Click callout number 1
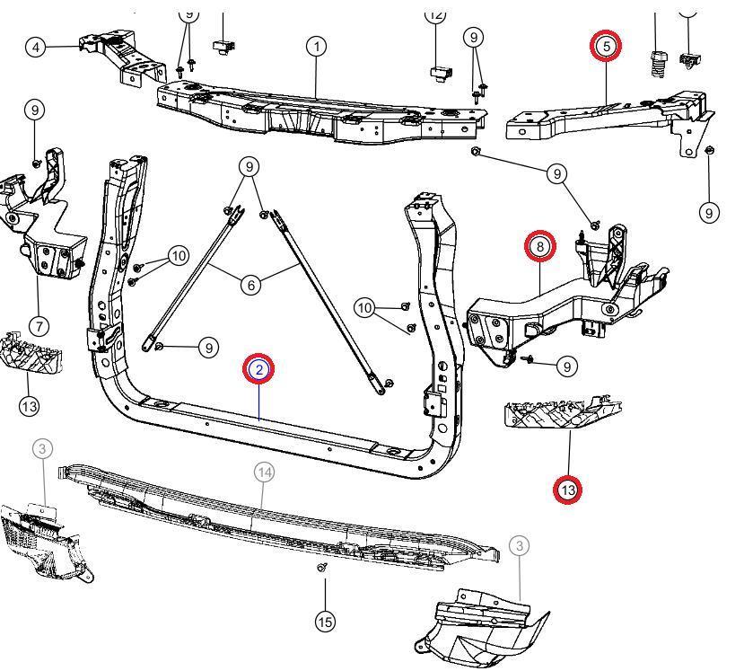click(x=316, y=46)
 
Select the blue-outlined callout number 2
click(x=258, y=369)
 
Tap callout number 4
click(x=36, y=46)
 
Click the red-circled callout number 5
click(x=606, y=45)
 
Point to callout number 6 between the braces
click(x=250, y=285)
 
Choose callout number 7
click(x=39, y=325)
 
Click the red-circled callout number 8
click(x=540, y=245)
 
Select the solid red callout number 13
click(x=567, y=490)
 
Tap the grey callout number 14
click(x=263, y=471)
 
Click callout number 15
click(x=325, y=621)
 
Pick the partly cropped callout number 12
click(x=435, y=13)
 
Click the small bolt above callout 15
click(x=323, y=568)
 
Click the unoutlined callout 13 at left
click(x=29, y=406)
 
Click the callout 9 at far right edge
click(x=710, y=213)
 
